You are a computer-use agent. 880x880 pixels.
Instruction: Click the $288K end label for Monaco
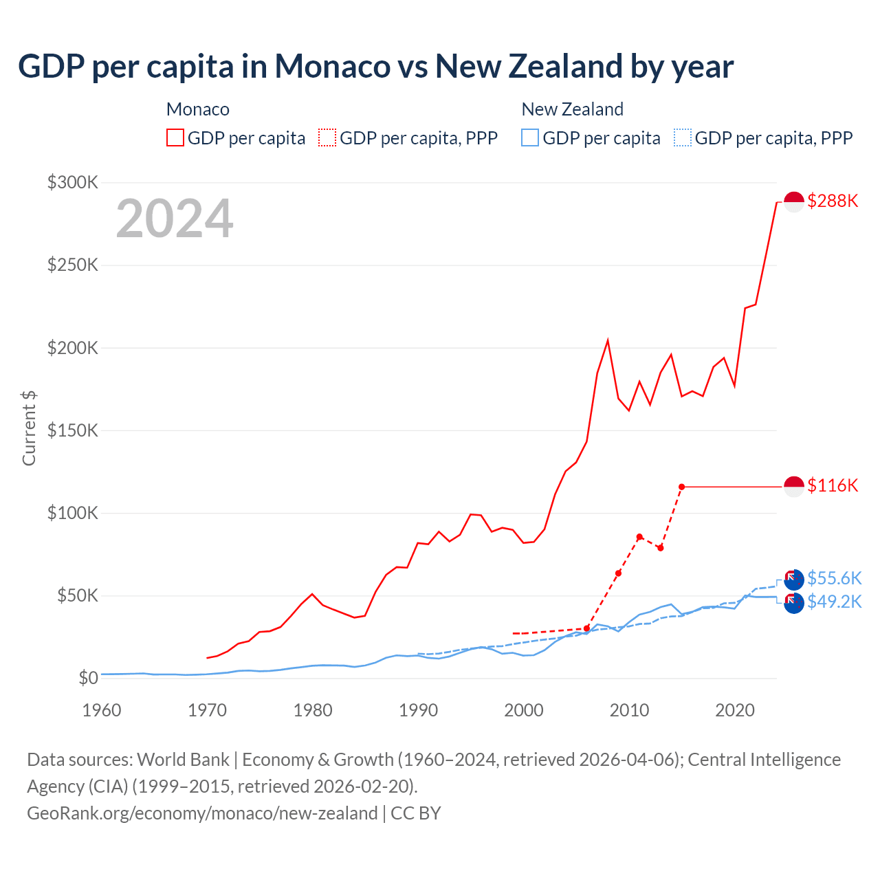[x=833, y=201]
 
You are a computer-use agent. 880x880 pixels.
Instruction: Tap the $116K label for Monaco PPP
[x=833, y=485]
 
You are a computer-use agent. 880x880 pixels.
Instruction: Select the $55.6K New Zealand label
[x=834, y=578]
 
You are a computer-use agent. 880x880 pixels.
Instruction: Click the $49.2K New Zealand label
[x=834, y=602]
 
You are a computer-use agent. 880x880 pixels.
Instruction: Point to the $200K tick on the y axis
[x=73, y=348]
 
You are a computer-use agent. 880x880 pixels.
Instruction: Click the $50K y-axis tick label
[x=77, y=595]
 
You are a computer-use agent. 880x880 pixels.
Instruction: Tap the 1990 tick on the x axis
[x=418, y=709]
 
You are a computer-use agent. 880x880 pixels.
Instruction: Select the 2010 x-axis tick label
[x=629, y=709]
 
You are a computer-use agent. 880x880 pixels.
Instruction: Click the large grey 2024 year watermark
[x=175, y=219]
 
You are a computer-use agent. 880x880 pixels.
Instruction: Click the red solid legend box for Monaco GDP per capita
[x=175, y=137]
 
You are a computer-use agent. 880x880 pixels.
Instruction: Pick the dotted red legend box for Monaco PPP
[x=327, y=137]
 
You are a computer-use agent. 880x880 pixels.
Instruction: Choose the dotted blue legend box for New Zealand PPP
[x=683, y=137]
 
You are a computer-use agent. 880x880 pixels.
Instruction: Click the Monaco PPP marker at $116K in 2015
[x=681, y=487]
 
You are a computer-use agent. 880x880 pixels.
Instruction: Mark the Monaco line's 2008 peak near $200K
[x=608, y=340]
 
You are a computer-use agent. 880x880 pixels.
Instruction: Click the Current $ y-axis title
[x=29, y=428]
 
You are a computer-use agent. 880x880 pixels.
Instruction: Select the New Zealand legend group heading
[x=572, y=109]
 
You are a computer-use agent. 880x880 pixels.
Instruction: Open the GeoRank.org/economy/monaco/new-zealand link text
[x=202, y=813]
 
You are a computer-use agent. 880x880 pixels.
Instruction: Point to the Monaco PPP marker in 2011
[x=639, y=537]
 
